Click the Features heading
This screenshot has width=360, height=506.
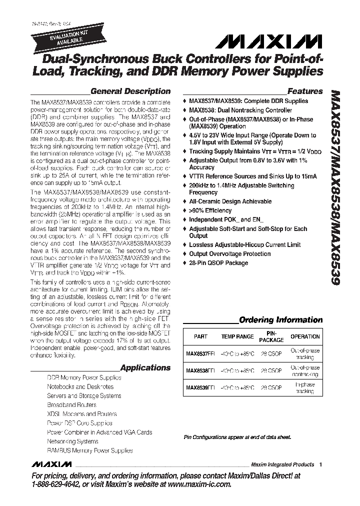coord(305,91)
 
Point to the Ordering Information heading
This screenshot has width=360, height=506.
coord(281,320)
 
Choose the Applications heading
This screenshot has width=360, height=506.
coord(145,368)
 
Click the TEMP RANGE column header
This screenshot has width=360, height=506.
coord(237,337)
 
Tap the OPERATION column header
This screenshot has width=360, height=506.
coord(305,337)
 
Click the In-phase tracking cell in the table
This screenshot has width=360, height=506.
coord(305,387)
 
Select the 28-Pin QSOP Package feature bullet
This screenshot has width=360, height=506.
coord(218,263)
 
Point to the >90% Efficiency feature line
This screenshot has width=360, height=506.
coord(210,210)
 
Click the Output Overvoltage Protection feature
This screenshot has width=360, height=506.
coord(229,254)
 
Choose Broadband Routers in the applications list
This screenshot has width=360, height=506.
coord(71,405)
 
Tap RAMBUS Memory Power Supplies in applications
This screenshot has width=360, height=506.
coord(90,450)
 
